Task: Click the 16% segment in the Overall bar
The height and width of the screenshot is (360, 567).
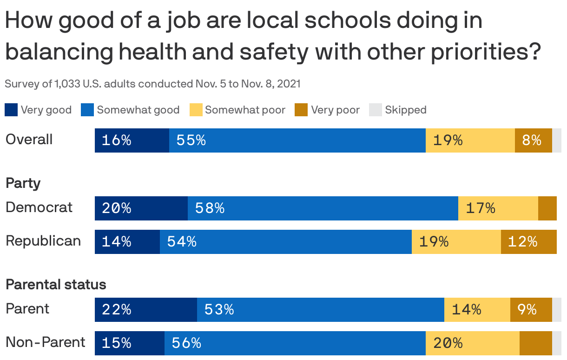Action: coord(132,140)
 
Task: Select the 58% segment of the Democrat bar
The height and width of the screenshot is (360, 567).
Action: coord(323,208)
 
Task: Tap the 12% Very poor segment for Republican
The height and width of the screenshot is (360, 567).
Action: coord(528,242)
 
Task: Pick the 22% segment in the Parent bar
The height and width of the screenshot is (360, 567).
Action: coord(145,310)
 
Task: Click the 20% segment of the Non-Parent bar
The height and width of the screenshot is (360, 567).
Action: coord(472,343)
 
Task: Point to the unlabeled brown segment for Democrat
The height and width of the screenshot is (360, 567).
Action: coord(547,208)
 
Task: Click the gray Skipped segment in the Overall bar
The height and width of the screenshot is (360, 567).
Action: coord(556,140)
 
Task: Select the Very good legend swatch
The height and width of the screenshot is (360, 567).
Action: coord(11,110)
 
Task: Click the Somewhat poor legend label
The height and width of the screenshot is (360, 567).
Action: coord(245,110)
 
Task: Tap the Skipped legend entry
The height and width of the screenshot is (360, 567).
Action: coord(405,110)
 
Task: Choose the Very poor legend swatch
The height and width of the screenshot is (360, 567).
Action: coord(301,110)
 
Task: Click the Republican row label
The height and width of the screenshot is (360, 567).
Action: coord(43,241)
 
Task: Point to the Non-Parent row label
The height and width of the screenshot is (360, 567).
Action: coord(45,342)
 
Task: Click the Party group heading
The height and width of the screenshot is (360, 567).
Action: coord(23,183)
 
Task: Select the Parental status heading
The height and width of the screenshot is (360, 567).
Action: coord(56,284)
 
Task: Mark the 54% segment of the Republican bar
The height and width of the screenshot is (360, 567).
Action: coord(285,242)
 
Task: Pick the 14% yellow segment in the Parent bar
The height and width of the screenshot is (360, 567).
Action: coord(477,310)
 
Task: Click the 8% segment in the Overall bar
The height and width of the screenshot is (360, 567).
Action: coord(533,140)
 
